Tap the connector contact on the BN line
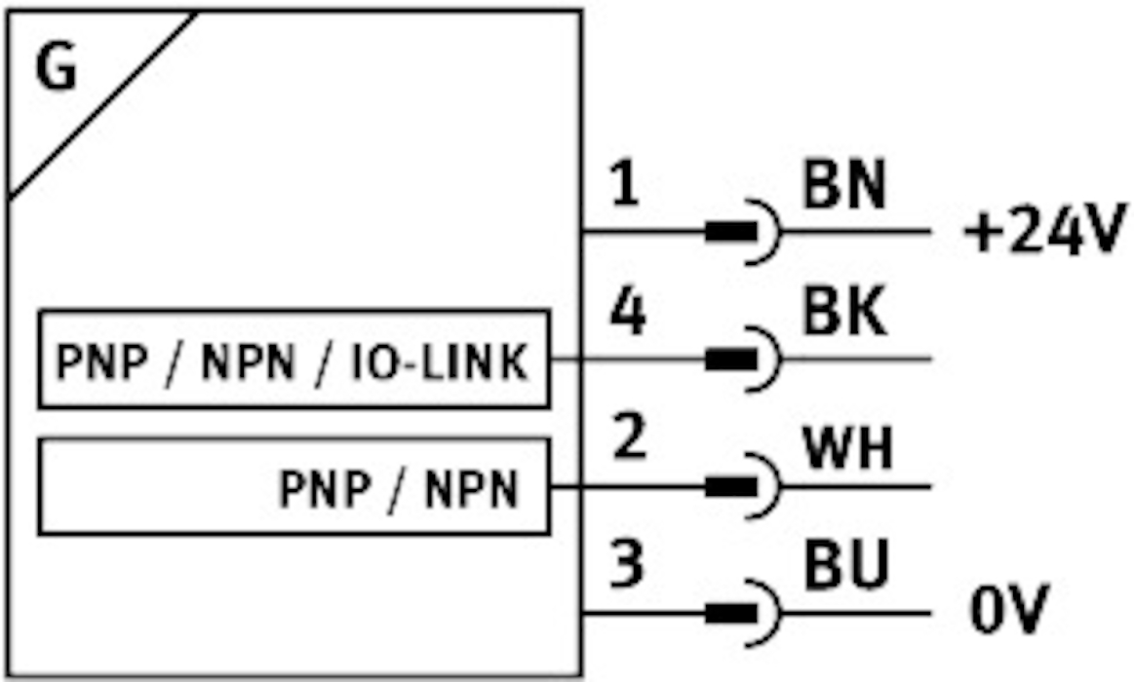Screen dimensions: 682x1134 tap(732, 233)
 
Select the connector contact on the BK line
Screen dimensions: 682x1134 tap(732, 360)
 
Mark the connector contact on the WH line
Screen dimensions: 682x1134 tap(732, 486)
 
